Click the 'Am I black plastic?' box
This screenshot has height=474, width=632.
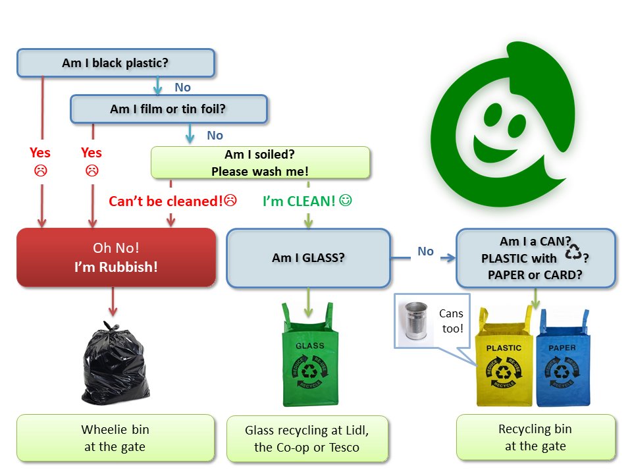116,63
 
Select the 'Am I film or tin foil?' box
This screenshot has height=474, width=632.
169,109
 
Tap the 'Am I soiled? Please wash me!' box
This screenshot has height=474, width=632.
260,163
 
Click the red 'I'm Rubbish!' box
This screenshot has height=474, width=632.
116,257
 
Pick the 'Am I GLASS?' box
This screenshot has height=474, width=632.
308,257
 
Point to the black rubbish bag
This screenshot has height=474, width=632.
113,364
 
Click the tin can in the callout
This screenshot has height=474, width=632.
416,321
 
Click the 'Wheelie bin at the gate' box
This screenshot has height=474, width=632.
115,437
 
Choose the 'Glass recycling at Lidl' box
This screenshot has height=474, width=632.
307,438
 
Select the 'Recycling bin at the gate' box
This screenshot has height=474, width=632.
535,437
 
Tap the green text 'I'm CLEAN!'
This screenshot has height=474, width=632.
300,201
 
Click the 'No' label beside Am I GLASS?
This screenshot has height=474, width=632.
426,251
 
